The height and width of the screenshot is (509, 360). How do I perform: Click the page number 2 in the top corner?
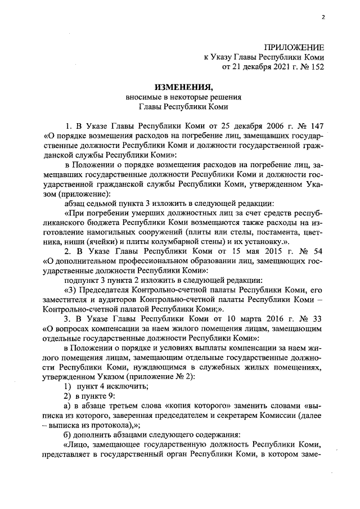(x=323, y=17)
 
